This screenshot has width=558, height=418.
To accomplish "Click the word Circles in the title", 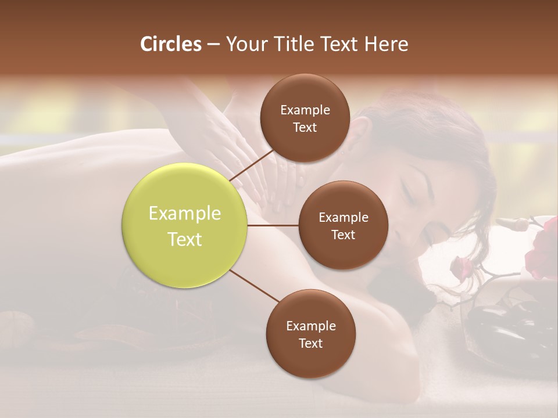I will click(170, 44).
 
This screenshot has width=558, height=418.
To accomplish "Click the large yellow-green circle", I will click(185, 226).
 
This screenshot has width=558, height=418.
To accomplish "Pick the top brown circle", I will click(305, 118).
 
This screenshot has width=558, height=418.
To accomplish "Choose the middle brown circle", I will click(343, 225).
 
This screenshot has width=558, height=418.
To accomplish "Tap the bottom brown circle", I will click(310, 334).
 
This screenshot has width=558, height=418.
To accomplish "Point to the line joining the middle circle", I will click(273, 225).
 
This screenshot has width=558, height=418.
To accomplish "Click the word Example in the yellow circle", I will click(185, 214).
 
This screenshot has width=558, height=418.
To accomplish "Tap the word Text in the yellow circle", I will click(185, 239).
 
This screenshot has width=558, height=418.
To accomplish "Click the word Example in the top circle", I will click(305, 110).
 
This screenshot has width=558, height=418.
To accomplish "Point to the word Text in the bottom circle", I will click(310, 343).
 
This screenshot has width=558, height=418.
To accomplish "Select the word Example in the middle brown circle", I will click(343, 217).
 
